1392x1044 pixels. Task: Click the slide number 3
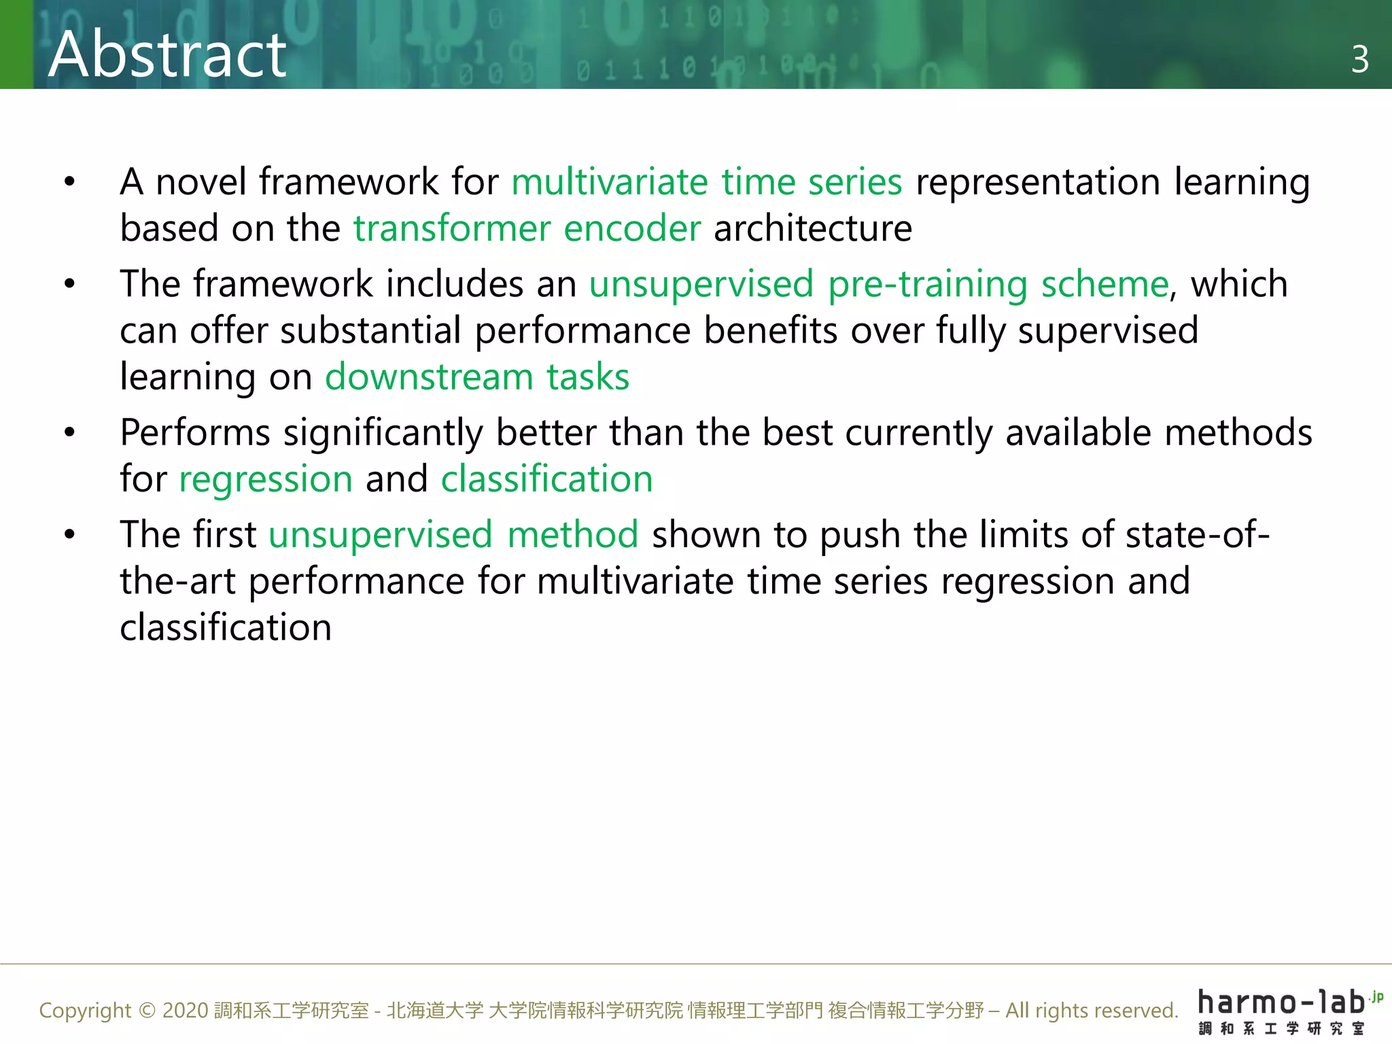(1359, 60)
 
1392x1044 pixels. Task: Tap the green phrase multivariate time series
(706, 182)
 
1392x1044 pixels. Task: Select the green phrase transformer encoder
(527, 228)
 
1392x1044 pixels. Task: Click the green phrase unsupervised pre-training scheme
(878, 284)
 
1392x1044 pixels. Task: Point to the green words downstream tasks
(477, 377)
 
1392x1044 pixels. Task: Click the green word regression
(266, 480)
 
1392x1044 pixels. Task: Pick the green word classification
(546, 479)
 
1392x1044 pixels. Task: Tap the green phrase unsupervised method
(453, 535)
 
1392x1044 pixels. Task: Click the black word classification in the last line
(226, 627)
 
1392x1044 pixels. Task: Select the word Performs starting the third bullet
(195, 433)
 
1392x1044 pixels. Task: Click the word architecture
(812, 228)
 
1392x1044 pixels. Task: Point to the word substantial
(370, 331)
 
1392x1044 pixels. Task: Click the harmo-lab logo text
(1282, 1003)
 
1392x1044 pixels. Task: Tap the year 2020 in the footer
(185, 1011)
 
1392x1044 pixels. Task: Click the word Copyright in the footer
(85, 1011)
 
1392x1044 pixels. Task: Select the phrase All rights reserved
(1091, 1011)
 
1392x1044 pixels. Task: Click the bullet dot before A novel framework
(69, 182)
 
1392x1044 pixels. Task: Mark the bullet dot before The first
(69, 535)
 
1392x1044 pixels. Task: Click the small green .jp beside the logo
(1376, 997)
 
